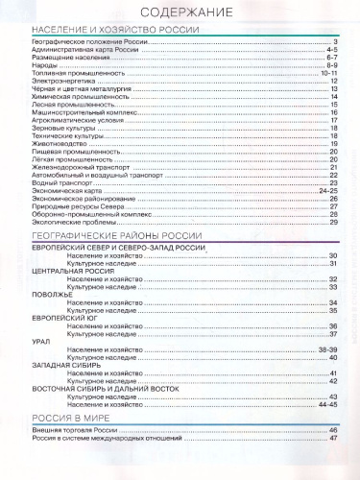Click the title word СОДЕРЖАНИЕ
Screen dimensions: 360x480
[x=180, y=12]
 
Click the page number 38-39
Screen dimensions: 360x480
[x=328, y=351]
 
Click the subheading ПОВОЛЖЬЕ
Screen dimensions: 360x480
[x=49, y=295]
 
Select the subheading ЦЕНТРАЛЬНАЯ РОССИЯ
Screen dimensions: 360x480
[x=68, y=271]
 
